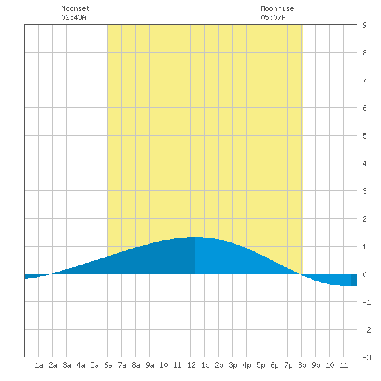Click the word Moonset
coord(76,8)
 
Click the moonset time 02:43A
coord(73,17)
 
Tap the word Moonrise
coord(277,8)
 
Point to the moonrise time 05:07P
coord(273,17)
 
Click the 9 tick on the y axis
coord(364,25)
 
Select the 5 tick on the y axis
coord(364,136)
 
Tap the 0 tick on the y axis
coord(364,274)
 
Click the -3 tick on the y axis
coord(366,357)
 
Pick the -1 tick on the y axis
coord(366,302)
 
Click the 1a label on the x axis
coord(39,365)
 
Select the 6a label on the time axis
coord(108,365)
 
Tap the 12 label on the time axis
coord(191,365)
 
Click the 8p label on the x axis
coord(302,365)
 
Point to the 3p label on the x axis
coord(233,365)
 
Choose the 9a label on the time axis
coord(150,365)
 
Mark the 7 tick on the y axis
coord(364,80)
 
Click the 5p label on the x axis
coord(260,365)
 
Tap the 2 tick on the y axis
coord(364,219)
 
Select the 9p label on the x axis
coord(316,365)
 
